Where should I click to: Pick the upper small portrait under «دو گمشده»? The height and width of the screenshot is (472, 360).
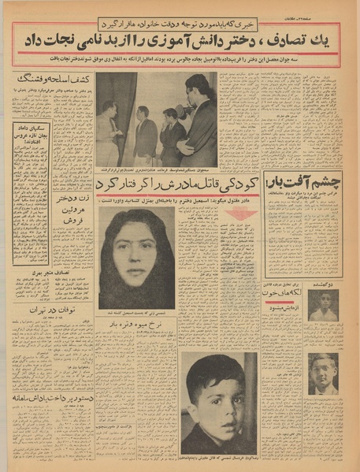click(323, 305)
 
